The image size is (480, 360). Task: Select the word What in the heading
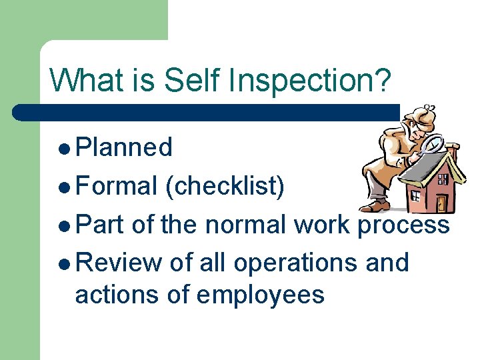tap(86, 80)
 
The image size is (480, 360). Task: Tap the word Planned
tap(124, 147)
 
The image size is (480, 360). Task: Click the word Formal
tap(117, 186)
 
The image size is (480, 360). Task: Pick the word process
tap(404, 226)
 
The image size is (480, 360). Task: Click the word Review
tap(119, 263)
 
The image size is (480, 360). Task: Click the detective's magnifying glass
tap(434, 143)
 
